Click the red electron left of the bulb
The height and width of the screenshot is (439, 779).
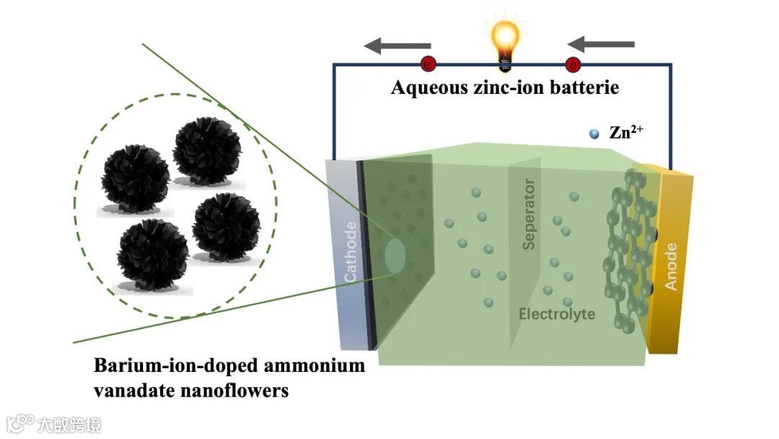pos(428,64)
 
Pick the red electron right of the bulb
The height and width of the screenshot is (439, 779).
pos(573,65)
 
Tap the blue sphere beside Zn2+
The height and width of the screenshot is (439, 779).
pos(594,134)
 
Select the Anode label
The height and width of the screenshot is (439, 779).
pos(672,266)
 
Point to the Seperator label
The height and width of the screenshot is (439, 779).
pos(529,214)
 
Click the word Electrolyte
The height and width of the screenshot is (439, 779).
pos(557,314)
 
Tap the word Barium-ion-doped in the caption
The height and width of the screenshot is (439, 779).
pos(167,366)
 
